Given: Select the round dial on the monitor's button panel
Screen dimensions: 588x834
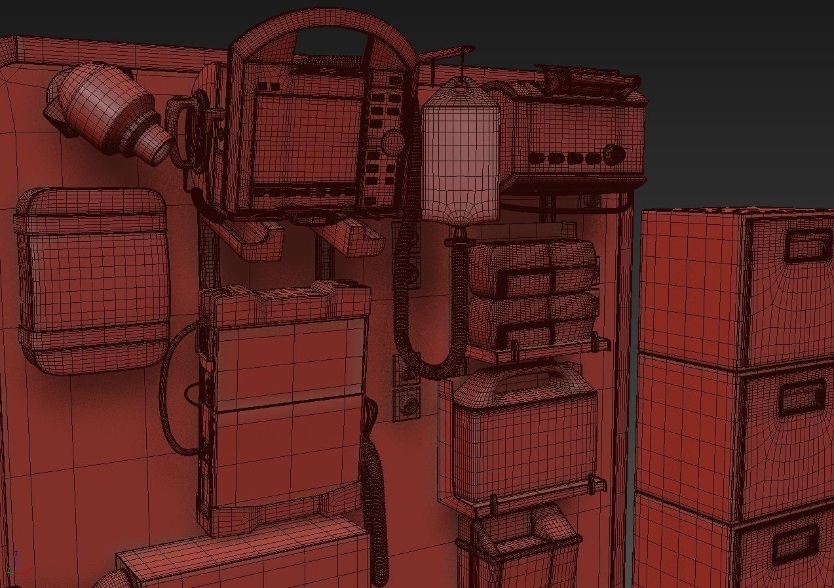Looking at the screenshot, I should [392, 142].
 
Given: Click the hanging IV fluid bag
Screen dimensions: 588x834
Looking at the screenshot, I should [460, 157].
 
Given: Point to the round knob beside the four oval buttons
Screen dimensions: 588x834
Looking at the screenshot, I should [614, 155].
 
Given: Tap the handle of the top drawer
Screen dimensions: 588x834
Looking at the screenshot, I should [808, 246].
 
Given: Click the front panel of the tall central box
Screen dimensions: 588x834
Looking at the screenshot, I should [288, 406].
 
